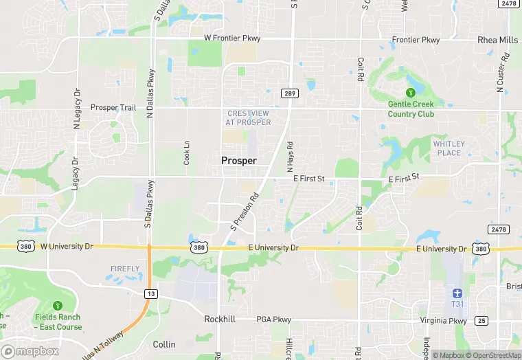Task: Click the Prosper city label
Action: point(239,160)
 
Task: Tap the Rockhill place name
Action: point(220,319)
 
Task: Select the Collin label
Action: point(164,344)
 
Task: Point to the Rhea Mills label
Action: point(497,40)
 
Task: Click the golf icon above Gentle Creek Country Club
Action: point(411,93)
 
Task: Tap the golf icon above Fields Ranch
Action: point(57,306)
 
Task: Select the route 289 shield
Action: point(288,93)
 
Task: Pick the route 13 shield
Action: point(149,293)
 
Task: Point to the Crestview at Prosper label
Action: point(248,117)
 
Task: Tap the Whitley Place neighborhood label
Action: point(449,148)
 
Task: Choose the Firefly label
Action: point(125,269)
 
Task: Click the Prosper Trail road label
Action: point(113,108)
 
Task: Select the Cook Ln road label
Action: point(186,152)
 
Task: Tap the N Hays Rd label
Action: point(290,157)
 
